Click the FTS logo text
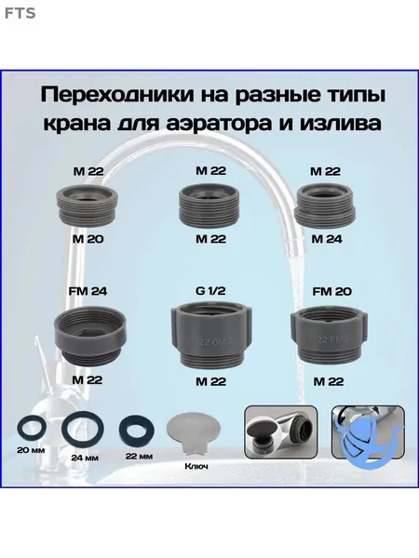(20, 13)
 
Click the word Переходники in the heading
(116, 95)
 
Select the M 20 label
(88, 239)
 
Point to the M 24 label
(327, 239)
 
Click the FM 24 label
(88, 291)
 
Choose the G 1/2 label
(210, 291)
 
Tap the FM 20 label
(331, 291)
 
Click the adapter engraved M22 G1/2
(211, 334)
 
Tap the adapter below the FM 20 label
(330, 335)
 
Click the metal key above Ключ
(193, 432)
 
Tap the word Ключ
(196, 466)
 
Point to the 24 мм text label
(85, 458)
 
